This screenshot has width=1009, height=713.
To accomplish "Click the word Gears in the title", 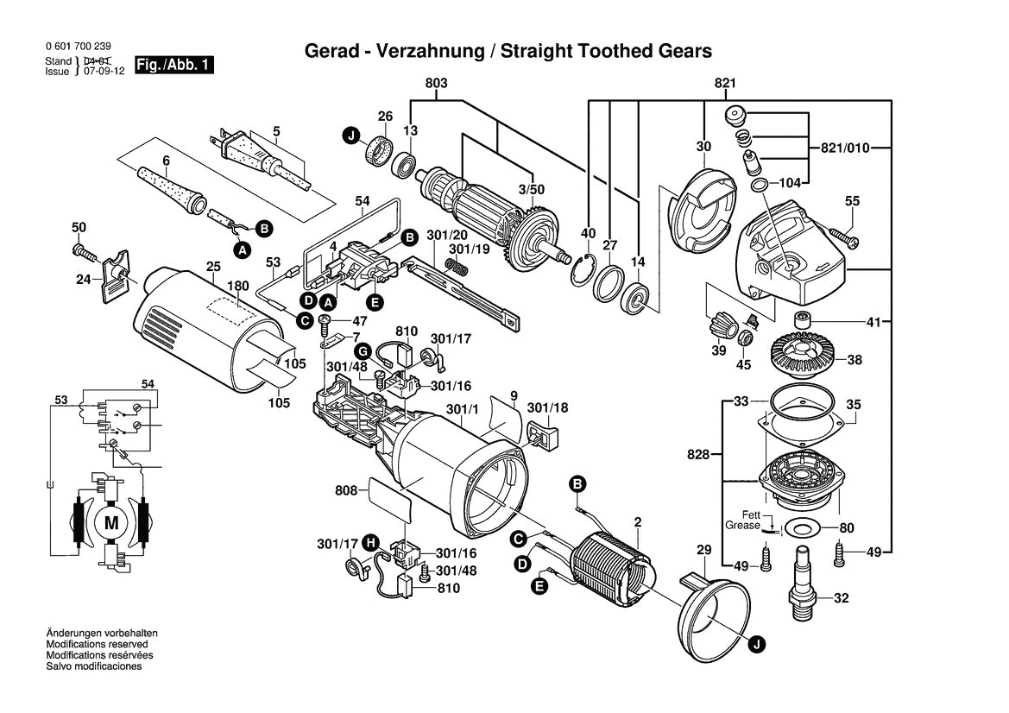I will [x=684, y=51].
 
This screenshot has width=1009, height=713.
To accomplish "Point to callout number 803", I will [x=436, y=83].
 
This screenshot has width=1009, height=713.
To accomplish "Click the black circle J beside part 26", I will [x=350, y=136].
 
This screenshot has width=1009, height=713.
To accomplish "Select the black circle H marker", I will [x=369, y=542].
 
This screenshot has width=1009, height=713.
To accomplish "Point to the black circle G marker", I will [x=363, y=350].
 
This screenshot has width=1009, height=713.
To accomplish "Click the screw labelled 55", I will [x=842, y=231].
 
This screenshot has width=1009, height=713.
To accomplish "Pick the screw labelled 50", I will [x=85, y=252].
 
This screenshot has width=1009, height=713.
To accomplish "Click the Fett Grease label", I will [x=742, y=519].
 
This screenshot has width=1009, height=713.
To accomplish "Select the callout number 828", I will [x=698, y=453].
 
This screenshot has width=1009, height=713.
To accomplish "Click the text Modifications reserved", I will [x=97, y=644].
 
